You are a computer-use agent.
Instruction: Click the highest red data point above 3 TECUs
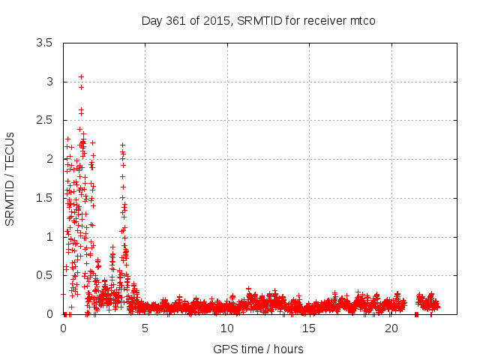pos(81,76)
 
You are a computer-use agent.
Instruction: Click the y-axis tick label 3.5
pos(45,43)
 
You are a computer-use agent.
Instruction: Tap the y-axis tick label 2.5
pos(45,120)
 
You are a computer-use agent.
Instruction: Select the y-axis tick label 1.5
pos(45,198)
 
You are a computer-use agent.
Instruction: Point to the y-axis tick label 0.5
pos(45,275)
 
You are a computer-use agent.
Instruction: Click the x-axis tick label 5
pos(145,328)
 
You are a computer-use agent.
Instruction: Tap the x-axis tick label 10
pos(226,328)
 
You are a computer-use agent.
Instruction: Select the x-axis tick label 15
pos(309,328)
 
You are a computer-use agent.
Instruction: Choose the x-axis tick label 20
pos(391,328)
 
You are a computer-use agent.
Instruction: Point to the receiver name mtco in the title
pos(362,20)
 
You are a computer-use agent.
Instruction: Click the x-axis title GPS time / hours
pos(258,349)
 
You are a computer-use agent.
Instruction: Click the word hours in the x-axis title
pos(289,349)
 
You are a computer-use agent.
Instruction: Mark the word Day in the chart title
pos(152,20)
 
